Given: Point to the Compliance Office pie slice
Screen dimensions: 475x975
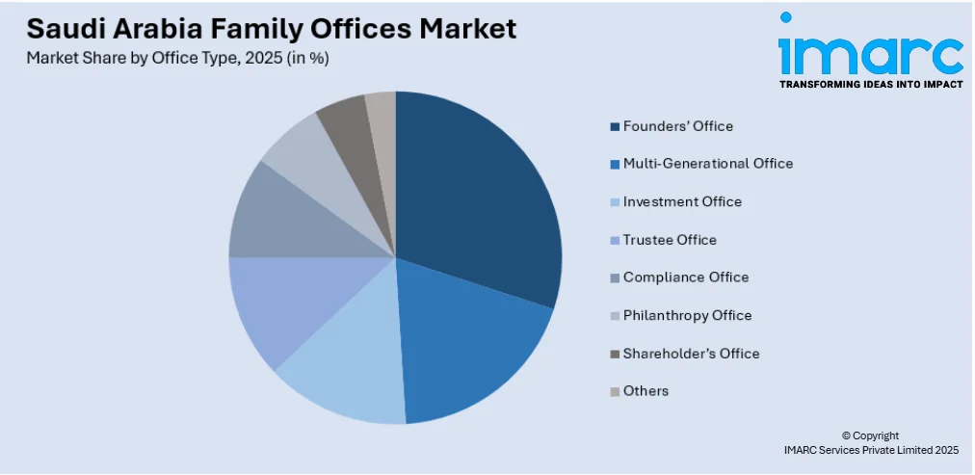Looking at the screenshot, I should [x=275, y=217].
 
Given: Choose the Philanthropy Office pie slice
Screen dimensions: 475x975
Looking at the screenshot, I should [x=303, y=154].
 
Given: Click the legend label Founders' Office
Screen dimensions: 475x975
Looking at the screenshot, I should [x=677, y=126].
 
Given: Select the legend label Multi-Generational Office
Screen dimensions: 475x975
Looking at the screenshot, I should [x=708, y=164].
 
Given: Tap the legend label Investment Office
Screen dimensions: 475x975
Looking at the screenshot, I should [x=682, y=201].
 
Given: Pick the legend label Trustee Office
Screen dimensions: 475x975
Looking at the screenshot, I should [x=670, y=240].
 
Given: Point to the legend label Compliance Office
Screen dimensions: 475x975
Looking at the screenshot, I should [x=685, y=277].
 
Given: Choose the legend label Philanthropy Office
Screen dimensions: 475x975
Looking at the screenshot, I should [x=687, y=315].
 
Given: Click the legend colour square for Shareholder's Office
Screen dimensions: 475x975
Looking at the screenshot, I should [x=615, y=354].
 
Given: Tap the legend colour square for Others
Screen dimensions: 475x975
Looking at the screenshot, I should [x=615, y=391].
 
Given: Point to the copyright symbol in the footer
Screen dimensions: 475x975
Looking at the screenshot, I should [x=845, y=436].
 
